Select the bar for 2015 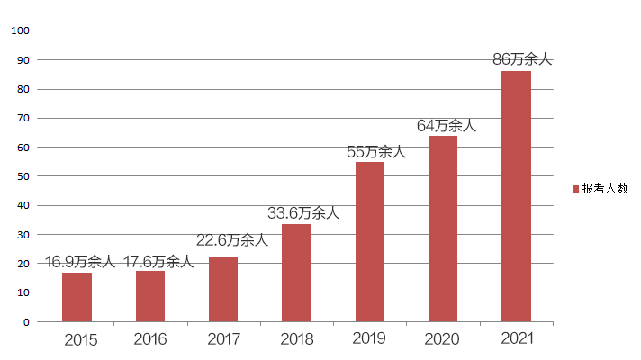(x=77, y=297)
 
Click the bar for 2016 (x=150, y=296)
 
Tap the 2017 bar (x=223, y=289)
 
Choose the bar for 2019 (x=370, y=241)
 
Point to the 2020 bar (x=443, y=229)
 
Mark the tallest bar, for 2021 (x=516, y=196)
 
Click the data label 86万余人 (x=521, y=59)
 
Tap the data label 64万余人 (x=446, y=125)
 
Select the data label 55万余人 (x=376, y=151)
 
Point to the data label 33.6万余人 (x=303, y=213)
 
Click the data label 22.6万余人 (x=232, y=240)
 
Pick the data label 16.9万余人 (x=80, y=262)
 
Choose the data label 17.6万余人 (x=158, y=262)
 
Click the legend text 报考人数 (x=604, y=188)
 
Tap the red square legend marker (x=575, y=189)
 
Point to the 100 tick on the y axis (x=22, y=31)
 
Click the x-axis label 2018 (x=296, y=340)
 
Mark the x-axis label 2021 (x=516, y=338)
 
